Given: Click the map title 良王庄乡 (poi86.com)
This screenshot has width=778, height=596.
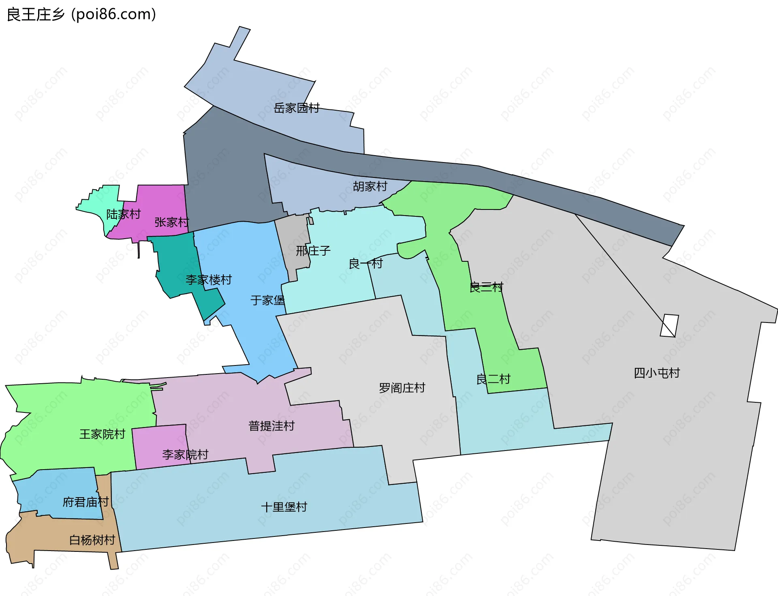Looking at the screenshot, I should tap(81, 15).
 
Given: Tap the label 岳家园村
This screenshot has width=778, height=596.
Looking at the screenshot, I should tap(297, 108).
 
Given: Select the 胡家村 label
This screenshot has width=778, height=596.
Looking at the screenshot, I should tap(370, 186).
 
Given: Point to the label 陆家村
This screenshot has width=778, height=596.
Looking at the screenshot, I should tap(123, 214).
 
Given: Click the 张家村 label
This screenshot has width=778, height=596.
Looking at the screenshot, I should tap(171, 222).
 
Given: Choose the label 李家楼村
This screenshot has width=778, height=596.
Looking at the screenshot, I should tap(209, 280).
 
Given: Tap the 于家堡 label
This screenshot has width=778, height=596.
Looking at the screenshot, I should tap(267, 301).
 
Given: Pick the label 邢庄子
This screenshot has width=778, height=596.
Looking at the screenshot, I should tap(313, 251).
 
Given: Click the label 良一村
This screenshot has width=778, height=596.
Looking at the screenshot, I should tap(365, 264).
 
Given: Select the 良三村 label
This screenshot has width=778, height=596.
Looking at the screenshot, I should tap(486, 287).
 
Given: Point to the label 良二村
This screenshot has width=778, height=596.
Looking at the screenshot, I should tap(493, 380).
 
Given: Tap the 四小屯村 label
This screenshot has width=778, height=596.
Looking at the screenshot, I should tap(656, 373).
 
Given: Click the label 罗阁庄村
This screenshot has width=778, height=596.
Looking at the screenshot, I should tap(402, 388).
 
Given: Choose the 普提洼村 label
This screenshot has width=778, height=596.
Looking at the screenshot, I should tap(271, 426).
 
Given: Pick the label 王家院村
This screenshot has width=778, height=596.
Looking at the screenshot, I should tap(102, 434).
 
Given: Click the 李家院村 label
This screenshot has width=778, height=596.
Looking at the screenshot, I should tap(185, 455).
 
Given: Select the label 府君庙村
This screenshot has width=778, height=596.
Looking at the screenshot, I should tap(85, 502).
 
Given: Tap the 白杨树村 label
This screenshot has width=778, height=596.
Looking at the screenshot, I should tap(92, 540).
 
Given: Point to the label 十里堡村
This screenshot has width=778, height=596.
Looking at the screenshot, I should tap(284, 507).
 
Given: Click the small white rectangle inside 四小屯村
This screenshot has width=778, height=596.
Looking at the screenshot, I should tap(669, 326).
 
